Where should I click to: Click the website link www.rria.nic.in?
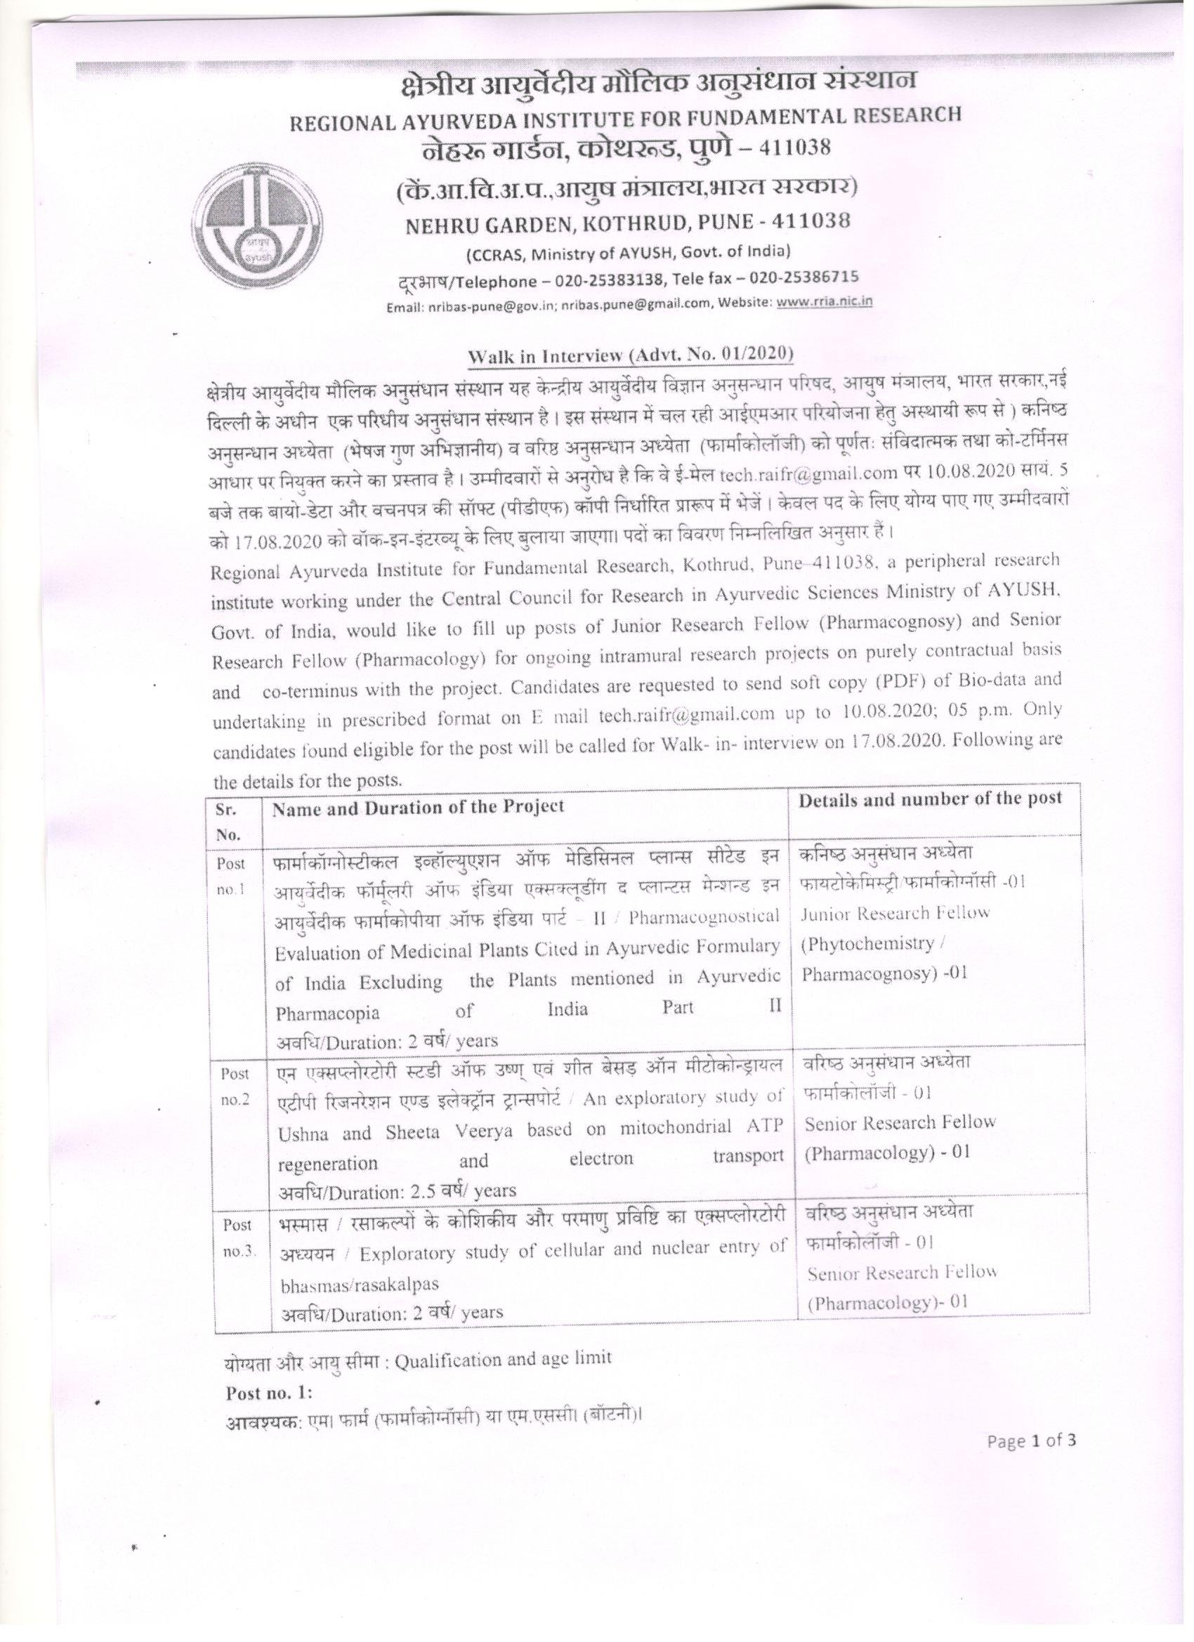coord(823,301)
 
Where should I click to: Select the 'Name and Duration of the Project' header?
coord(418,808)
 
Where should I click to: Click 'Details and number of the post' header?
coord(930,799)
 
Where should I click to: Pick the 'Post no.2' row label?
coord(235,1086)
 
